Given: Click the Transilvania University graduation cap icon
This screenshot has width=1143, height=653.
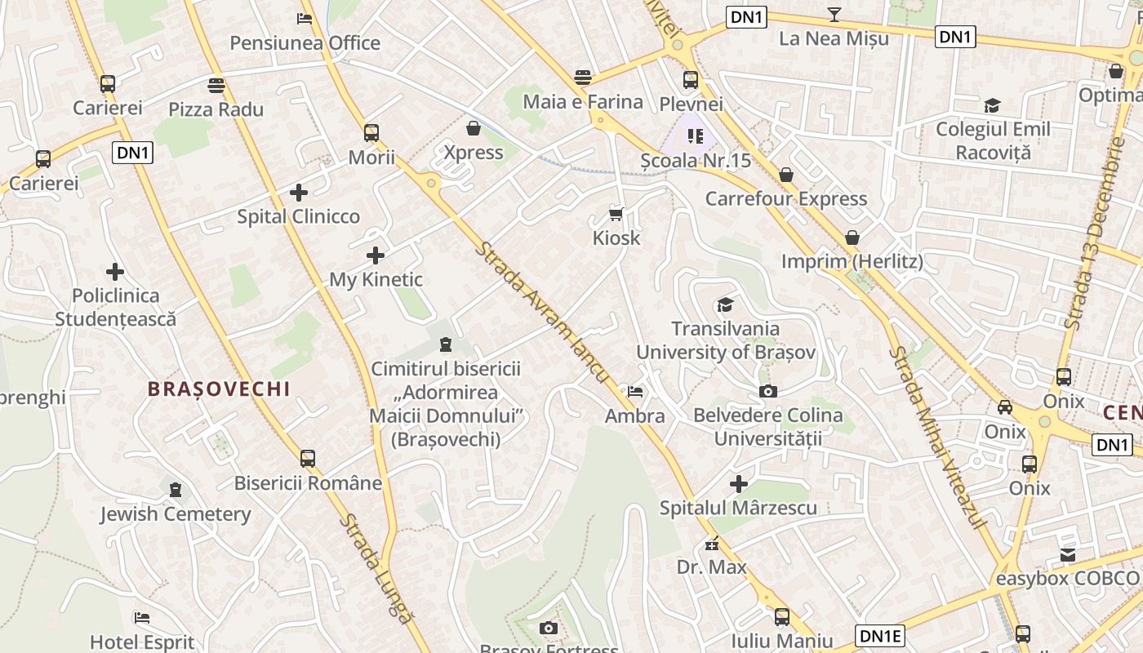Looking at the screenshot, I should pyautogui.click(x=725, y=305).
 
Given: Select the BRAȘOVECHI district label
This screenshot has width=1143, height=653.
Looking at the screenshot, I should pyautogui.click(x=219, y=389).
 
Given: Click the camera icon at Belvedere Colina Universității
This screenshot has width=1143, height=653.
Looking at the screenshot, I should pyautogui.click(x=767, y=392).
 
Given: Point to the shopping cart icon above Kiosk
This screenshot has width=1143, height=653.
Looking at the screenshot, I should pyautogui.click(x=616, y=214).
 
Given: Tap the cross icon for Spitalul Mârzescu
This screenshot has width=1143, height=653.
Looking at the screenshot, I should pyautogui.click(x=739, y=484).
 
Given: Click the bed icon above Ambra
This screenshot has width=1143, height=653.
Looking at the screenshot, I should pyautogui.click(x=634, y=392).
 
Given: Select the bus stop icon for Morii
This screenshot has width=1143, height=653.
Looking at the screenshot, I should pyautogui.click(x=371, y=132).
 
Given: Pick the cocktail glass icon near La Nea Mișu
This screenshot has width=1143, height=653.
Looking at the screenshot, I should pyautogui.click(x=834, y=14).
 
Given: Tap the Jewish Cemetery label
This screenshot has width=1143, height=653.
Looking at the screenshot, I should pyautogui.click(x=176, y=514).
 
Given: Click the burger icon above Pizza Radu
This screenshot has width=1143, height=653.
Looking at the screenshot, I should pyautogui.click(x=216, y=85).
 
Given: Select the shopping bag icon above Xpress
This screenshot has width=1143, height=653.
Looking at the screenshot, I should pyautogui.click(x=473, y=128).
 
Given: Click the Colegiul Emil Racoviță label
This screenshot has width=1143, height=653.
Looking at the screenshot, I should pyautogui.click(x=993, y=140).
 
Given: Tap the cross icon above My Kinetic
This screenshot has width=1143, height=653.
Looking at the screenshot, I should pyautogui.click(x=376, y=255).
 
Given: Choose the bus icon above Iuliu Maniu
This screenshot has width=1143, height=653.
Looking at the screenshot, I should pyautogui.click(x=781, y=617).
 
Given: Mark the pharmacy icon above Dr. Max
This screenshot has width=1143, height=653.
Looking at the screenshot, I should pyautogui.click(x=712, y=544).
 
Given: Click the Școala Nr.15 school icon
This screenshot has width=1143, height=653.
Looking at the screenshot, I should pyautogui.click(x=695, y=135).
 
